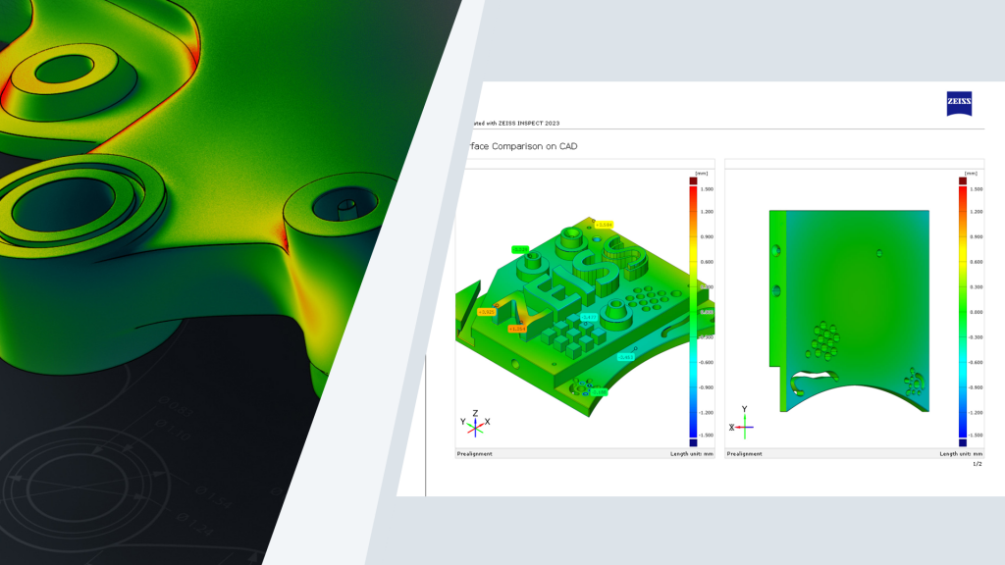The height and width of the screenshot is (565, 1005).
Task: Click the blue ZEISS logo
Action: point(959,104)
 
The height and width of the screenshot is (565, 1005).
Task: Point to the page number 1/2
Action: point(977,464)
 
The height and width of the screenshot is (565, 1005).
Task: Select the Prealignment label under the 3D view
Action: point(475,454)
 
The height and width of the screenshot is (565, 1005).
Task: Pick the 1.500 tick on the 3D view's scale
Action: point(707,188)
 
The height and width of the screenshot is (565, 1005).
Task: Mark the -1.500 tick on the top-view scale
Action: point(975,435)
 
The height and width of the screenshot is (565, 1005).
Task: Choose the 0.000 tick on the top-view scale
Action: point(975,312)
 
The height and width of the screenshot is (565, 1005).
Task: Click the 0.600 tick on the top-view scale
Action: point(975,262)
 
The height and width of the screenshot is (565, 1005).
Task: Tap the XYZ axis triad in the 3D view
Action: point(474,424)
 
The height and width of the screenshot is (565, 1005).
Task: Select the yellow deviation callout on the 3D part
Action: point(604,225)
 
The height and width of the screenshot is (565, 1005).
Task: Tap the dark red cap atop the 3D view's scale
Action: point(693,180)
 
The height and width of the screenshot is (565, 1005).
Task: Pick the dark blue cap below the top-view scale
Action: point(963,442)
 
